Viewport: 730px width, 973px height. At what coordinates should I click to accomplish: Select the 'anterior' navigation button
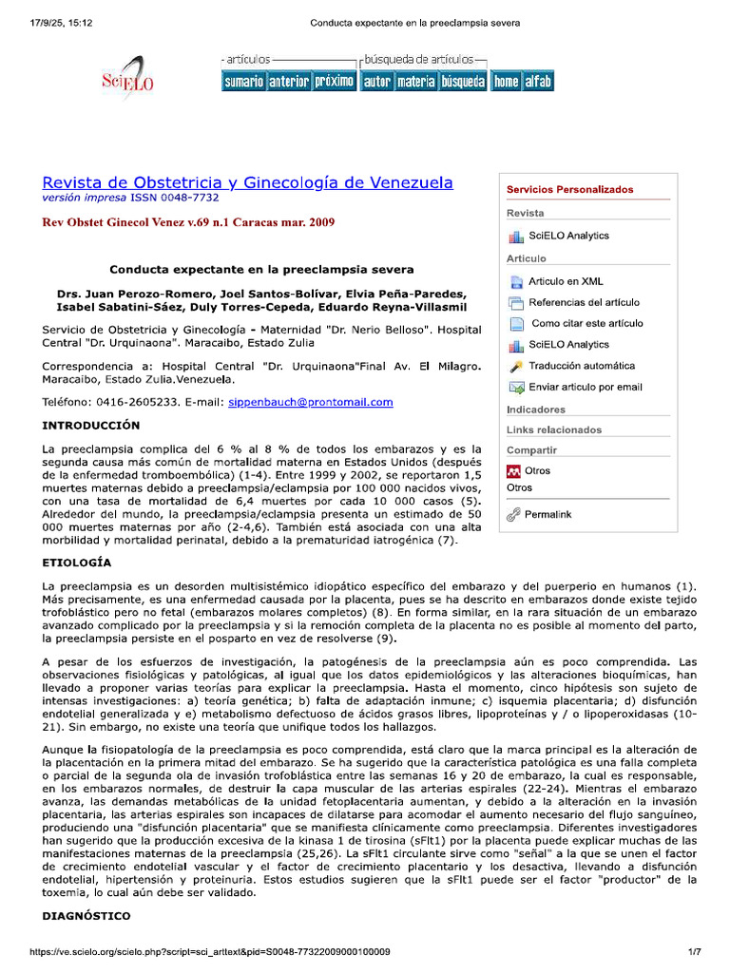click(x=289, y=82)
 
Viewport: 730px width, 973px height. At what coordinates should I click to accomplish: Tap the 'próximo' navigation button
click(x=335, y=82)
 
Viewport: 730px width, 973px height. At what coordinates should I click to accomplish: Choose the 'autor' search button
click(x=377, y=82)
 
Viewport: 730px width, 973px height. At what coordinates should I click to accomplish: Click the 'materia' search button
click(x=415, y=82)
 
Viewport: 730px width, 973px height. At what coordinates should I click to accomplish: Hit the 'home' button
click(x=506, y=82)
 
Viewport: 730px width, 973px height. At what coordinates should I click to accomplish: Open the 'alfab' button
click(x=538, y=82)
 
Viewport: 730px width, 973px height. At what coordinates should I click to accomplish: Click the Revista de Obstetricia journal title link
click(x=248, y=182)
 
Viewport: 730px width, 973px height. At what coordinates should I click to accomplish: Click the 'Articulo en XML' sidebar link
click(x=566, y=281)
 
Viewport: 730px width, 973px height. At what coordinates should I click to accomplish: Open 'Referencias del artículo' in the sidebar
click(x=584, y=302)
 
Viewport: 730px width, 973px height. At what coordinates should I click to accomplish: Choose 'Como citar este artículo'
click(x=586, y=323)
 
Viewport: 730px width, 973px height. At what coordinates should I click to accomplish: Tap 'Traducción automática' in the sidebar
click(x=582, y=366)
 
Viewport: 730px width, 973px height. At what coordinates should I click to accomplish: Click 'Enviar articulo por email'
click(x=586, y=387)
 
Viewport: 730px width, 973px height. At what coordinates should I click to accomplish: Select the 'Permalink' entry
click(x=548, y=514)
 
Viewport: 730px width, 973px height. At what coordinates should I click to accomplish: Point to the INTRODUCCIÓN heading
click(x=91, y=425)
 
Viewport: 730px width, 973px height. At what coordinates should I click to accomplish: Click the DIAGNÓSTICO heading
click(x=86, y=917)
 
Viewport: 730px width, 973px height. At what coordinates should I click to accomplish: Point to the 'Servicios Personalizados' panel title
click(x=569, y=189)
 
